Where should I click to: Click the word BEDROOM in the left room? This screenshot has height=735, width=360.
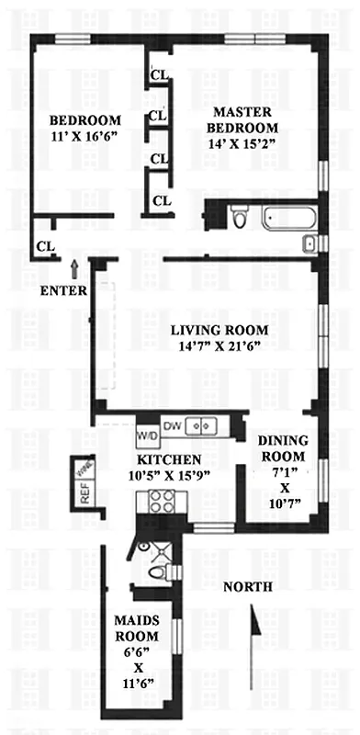click(85, 120)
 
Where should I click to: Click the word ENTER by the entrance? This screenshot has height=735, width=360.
click(63, 291)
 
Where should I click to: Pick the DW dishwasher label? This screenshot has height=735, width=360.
click(173, 426)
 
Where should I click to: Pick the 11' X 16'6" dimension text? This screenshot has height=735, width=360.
click(85, 138)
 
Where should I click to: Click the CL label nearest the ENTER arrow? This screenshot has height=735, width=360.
click(46, 246)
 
